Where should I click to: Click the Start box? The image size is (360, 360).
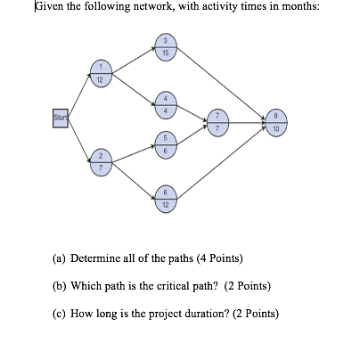(x=61, y=116)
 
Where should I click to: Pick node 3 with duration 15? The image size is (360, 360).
(x=164, y=48)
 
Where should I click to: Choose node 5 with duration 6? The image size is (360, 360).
(x=164, y=144)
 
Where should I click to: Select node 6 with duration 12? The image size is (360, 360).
(x=164, y=198)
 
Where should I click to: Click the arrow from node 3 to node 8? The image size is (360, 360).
(x=223, y=84)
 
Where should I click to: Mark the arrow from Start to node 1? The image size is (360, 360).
(x=79, y=96)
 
